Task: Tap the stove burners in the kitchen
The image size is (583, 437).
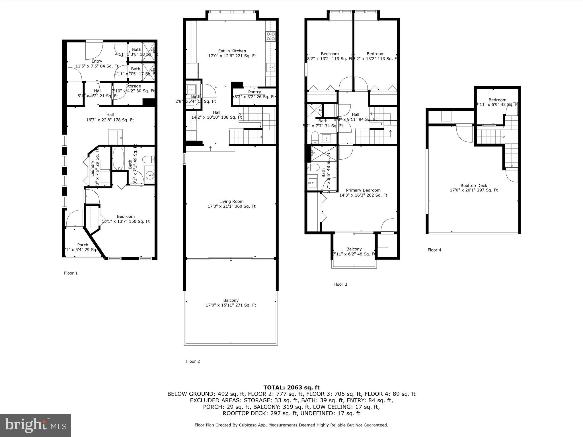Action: pos(270,36)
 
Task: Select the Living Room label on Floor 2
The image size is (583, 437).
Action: pos(231,201)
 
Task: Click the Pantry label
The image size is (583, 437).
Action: pos(254,92)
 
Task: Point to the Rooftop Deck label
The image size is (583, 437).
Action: pos(474,185)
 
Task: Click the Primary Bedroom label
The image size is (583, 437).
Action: pos(363,190)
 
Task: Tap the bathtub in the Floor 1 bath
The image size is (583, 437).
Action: pos(118,158)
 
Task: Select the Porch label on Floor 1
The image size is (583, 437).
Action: pos(83,245)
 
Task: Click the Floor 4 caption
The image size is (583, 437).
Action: pos(434,250)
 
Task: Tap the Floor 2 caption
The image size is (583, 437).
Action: pos(193,361)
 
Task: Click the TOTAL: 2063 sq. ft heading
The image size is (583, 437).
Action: pos(291,387)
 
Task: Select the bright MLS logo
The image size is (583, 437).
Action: pos(36,425)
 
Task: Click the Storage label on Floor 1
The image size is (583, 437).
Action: pos(133,86)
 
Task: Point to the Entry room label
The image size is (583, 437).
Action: pos(97,61)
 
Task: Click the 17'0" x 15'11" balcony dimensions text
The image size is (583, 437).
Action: pos(231,305)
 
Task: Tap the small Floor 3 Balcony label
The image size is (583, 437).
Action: pos(354,249)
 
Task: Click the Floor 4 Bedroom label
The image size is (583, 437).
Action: pos(497,100)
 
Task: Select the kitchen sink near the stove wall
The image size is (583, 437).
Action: pos(270,67)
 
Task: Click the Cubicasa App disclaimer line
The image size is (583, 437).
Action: pos(291,425)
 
